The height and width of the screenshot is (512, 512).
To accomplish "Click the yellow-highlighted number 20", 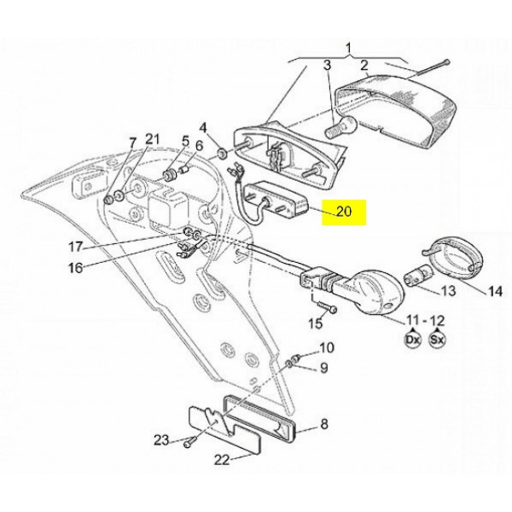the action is (x=344, y=212).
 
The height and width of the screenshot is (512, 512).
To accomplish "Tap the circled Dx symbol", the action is (x=413, y=340).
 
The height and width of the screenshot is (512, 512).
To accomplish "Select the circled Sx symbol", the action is (x=437, y=340).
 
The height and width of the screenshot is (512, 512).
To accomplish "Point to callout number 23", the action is (x=161, y=440).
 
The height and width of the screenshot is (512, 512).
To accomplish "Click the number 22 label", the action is (x=222, y=460).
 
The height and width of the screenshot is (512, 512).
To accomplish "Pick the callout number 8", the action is (x=323, y=424).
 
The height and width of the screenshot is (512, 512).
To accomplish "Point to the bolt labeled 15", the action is (x=327, y=307).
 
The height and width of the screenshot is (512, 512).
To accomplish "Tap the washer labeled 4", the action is (x=223, y=153).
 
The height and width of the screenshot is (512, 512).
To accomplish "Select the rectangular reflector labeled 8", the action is (x=260, y=416).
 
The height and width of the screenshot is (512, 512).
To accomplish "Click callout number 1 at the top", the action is (x=348, y=48).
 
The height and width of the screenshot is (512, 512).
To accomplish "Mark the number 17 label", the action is (x=75, y=247).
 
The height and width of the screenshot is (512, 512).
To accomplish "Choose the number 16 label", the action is (x=75, y=268).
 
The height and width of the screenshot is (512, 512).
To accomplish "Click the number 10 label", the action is (x=327, y=347).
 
